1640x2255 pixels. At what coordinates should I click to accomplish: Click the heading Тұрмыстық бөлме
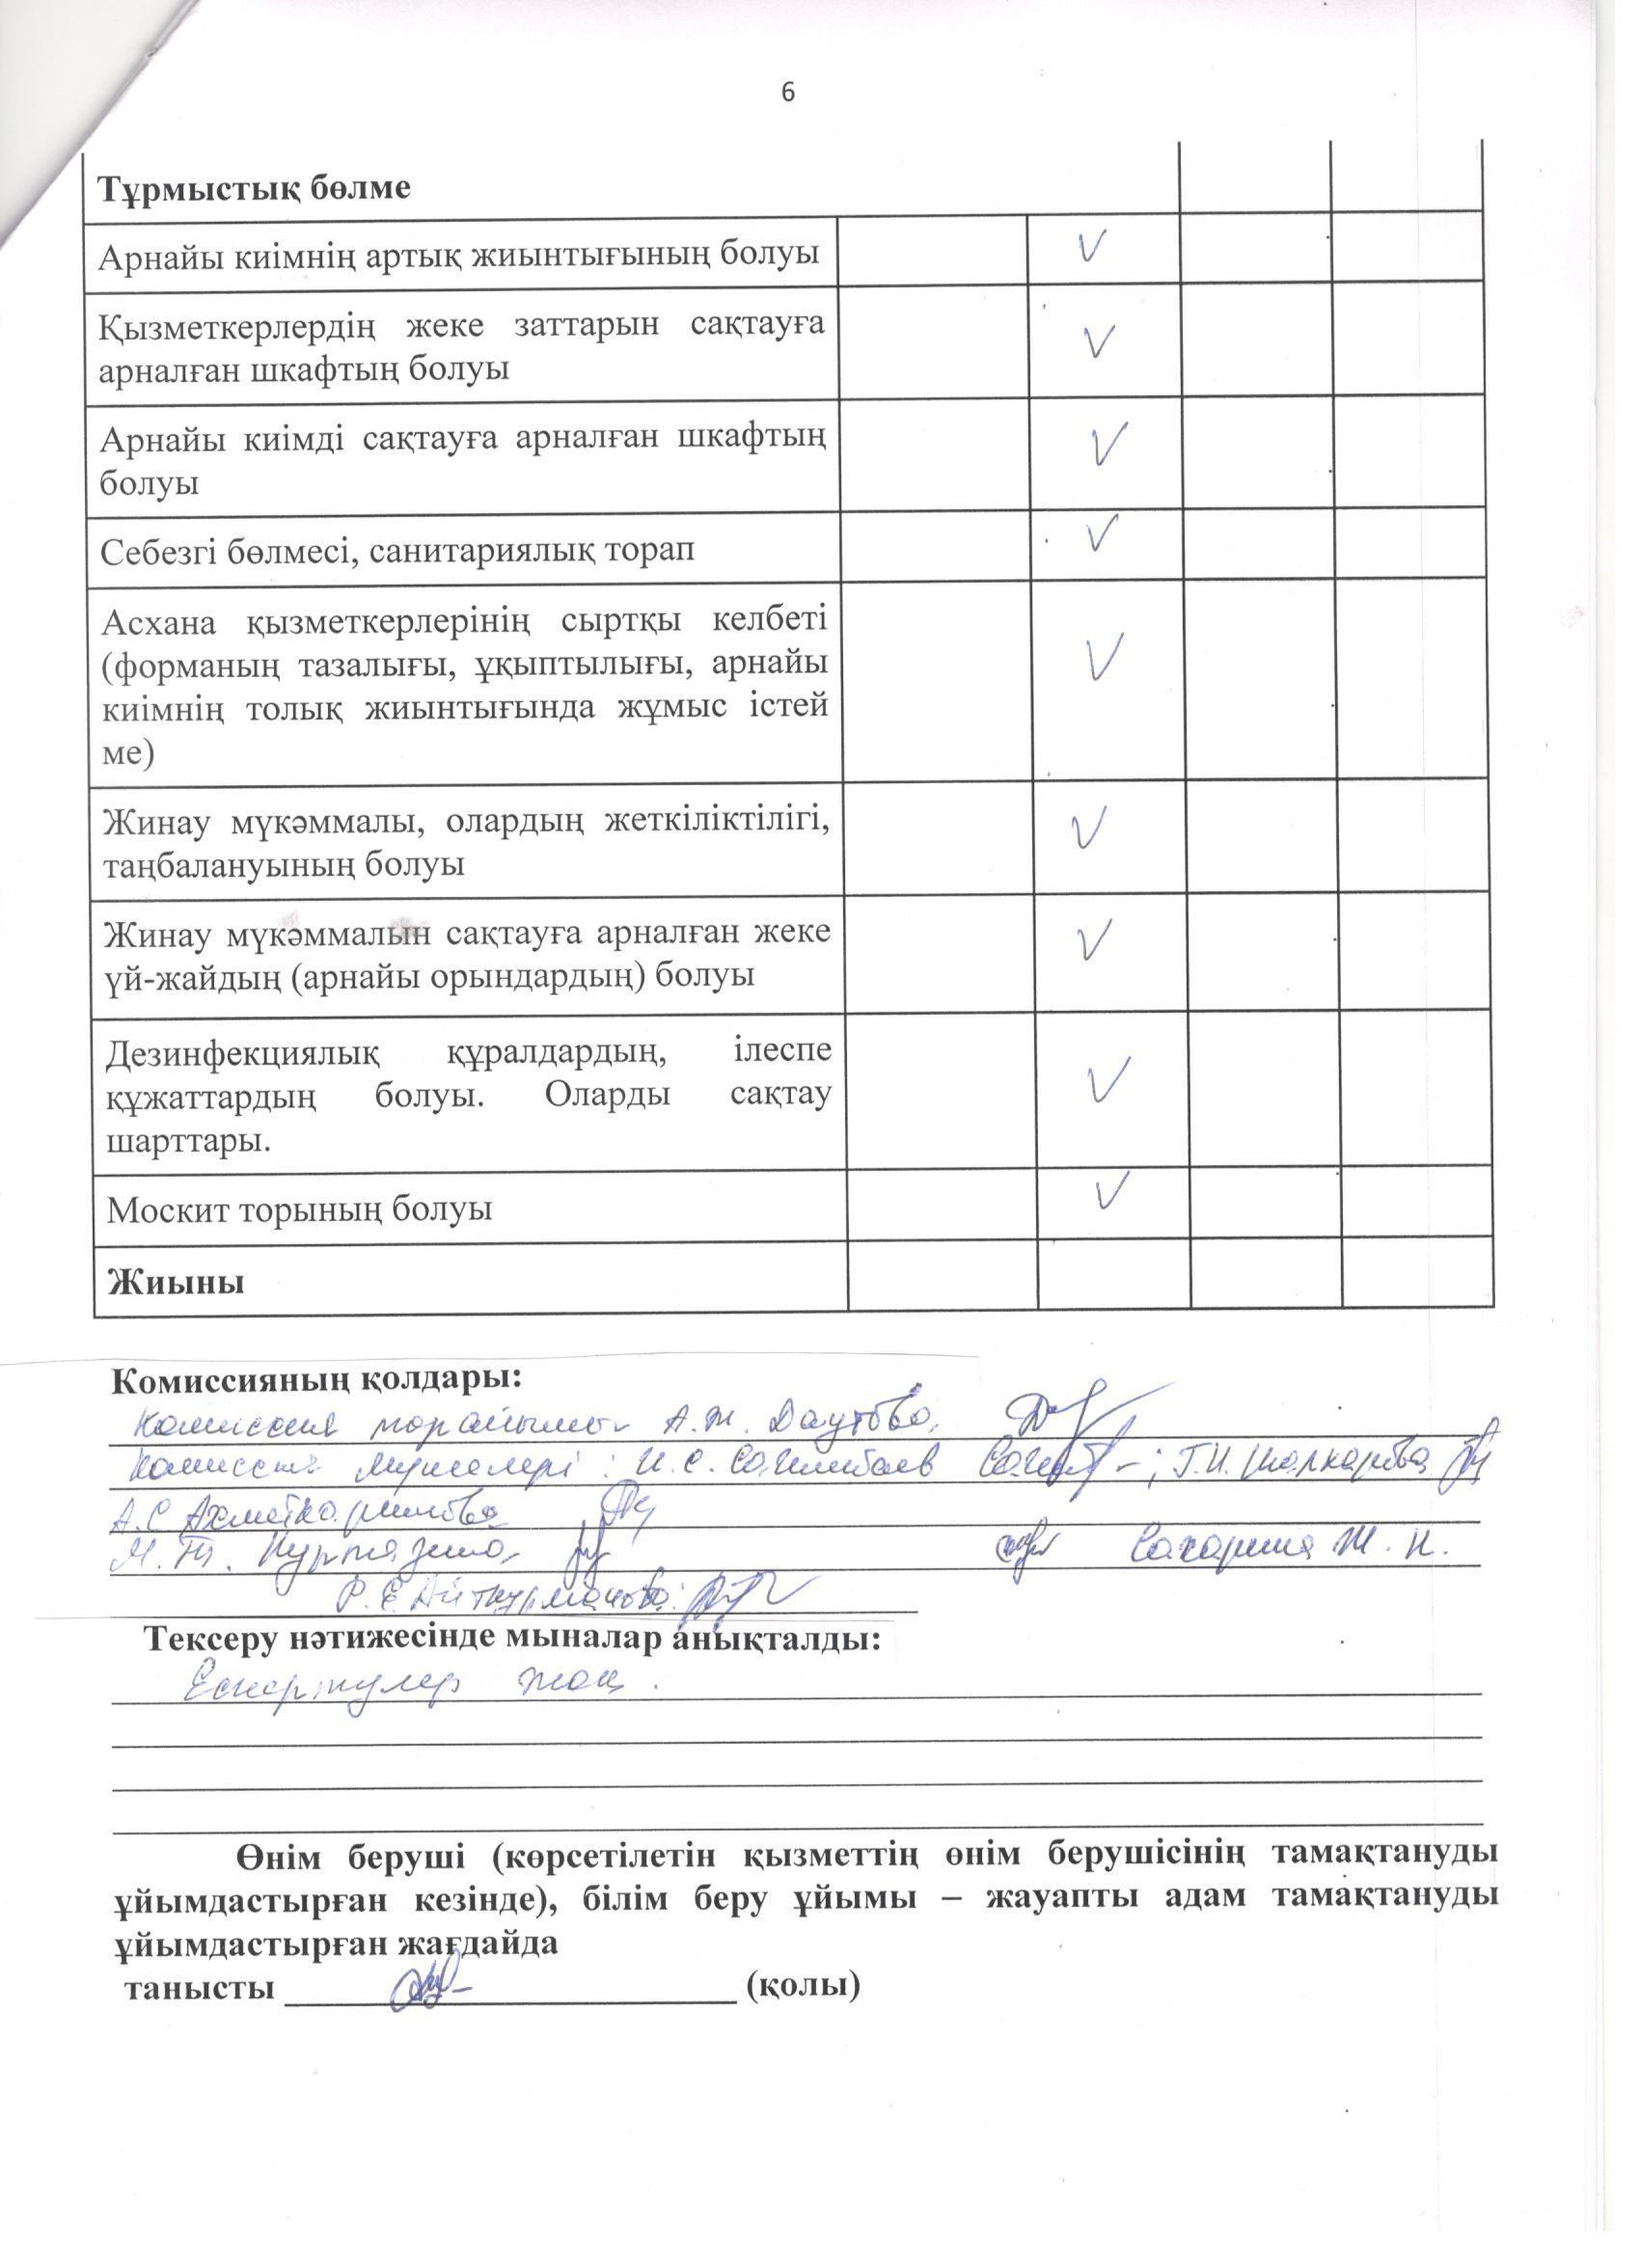tap(254, 189)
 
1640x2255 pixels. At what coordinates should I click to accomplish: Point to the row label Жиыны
tap(175, 1282)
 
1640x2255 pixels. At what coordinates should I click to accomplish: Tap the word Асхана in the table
tap(158, 623)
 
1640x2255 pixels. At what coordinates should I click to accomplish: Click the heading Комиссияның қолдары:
tap(316, 1379)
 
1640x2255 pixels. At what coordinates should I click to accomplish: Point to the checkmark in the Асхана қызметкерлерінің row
tap(1105, 656)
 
